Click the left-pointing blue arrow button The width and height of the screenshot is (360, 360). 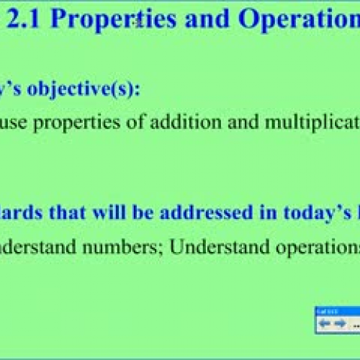[324, 303]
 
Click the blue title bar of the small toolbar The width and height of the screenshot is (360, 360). [337, 291]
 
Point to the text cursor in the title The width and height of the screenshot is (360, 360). [135, 22]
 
